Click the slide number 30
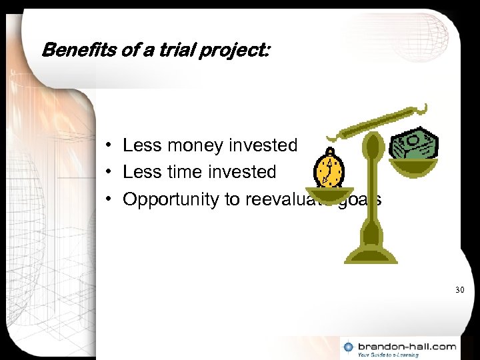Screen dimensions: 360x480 point(459,290)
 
